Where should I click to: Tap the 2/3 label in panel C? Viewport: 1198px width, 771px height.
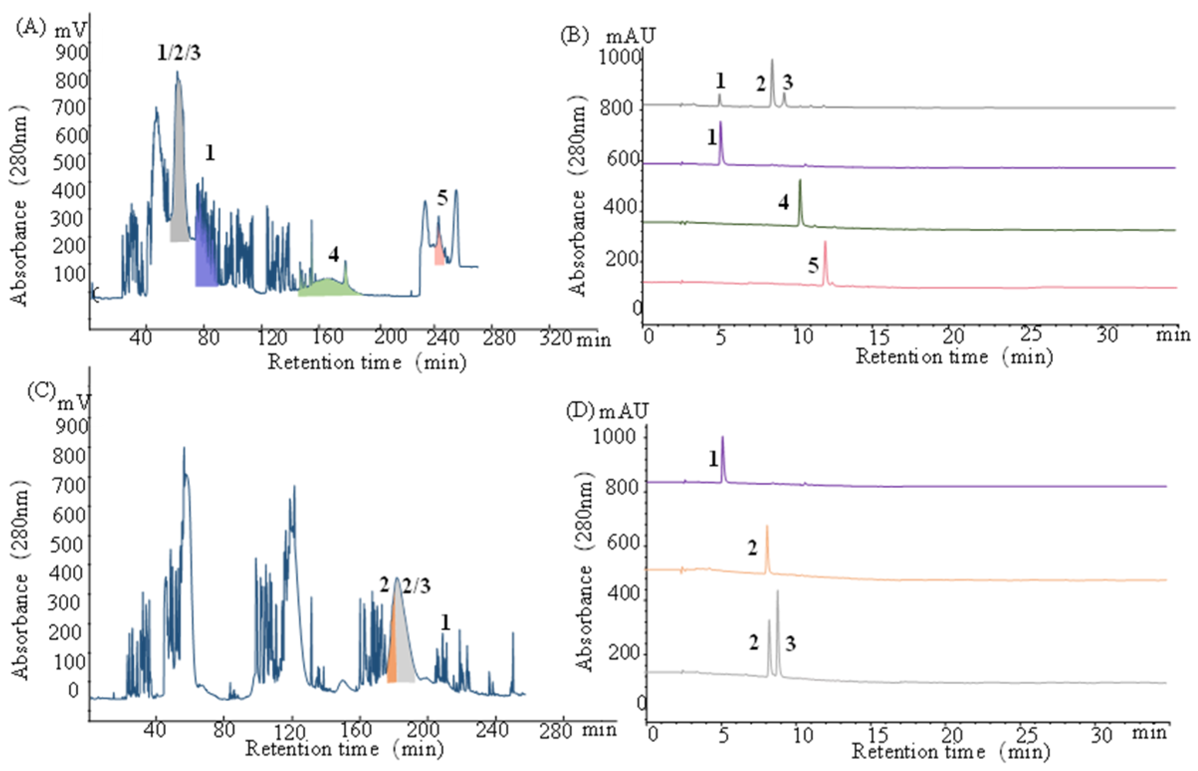coord(416,585)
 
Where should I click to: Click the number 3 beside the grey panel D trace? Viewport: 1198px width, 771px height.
coord(790,644)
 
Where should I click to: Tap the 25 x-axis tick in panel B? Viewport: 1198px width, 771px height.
coord(1031,334)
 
